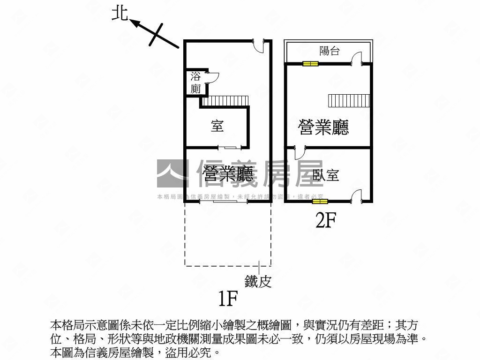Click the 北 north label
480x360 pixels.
click(x=120, y=13)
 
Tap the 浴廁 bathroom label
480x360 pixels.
click(x=195, y=82)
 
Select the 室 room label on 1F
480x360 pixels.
click(x=217, y=126)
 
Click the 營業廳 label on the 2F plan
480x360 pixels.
click(x=324, y=127)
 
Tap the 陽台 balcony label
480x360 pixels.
click(x=329, y=51)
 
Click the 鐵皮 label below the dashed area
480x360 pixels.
click(x=258, y=281)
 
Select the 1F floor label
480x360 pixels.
click(x=228, y=298)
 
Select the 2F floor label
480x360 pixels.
click(x=326, y=220)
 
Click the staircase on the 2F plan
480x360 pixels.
click(x=349, y=101)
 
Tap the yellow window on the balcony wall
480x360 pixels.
click(x=310, y=64)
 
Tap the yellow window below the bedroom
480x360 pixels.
click(x=320, y=202)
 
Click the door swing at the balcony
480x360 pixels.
click(x=357, y=58)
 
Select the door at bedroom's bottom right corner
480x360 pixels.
click(x=357, y=196)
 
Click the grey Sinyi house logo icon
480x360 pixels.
click(x=172, y=174)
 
